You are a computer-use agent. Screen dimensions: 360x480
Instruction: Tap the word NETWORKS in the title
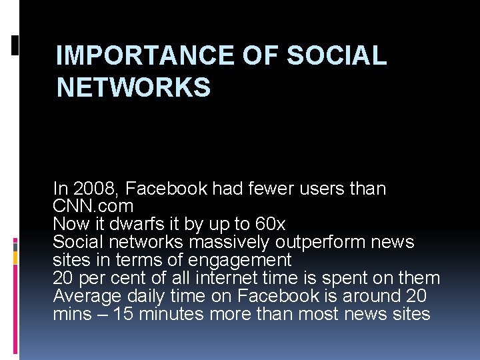click(133, 87)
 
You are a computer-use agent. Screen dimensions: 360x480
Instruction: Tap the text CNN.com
click(93, 206)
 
